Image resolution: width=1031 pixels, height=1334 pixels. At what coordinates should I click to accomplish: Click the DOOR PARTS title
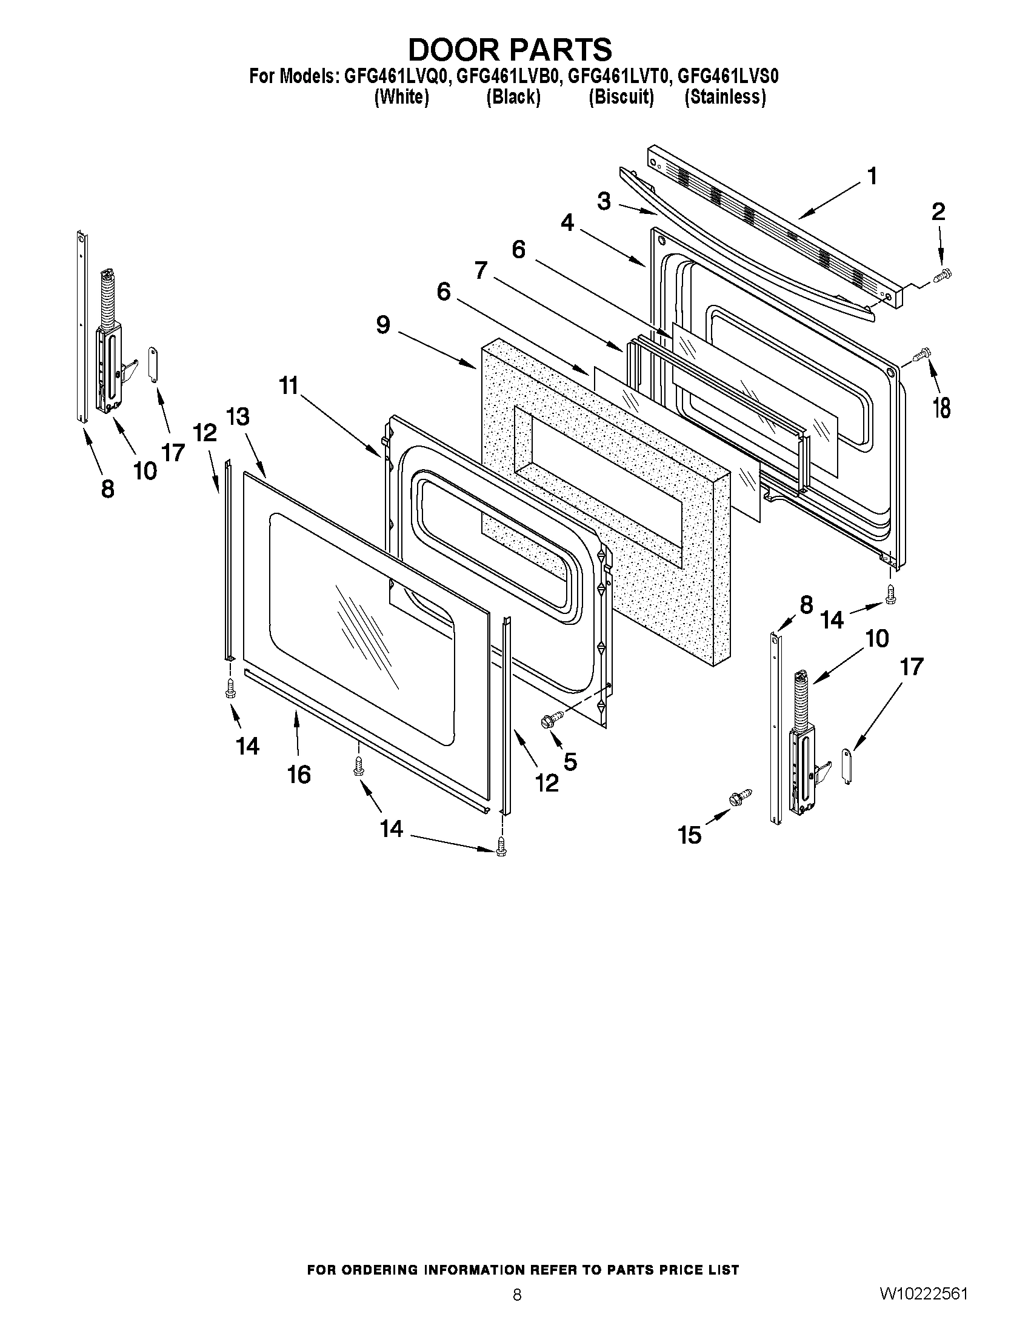[509, 50]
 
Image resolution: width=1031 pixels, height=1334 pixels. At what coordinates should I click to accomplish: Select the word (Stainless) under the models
[725, 97]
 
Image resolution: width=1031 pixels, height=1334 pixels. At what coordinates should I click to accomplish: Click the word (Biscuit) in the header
[621, 97]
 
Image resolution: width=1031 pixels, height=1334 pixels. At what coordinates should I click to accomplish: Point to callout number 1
[872, 176]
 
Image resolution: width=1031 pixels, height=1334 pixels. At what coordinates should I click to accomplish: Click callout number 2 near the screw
[938, 212]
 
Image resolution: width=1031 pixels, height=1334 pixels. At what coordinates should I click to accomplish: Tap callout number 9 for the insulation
[383, 325]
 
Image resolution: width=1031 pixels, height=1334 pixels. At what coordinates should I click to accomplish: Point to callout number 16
[299, 775]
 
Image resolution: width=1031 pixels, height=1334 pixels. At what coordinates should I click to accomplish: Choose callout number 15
[690, 835]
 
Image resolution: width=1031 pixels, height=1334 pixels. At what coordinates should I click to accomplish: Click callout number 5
[570, 761]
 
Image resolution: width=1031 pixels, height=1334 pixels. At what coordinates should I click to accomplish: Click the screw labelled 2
[944, 279]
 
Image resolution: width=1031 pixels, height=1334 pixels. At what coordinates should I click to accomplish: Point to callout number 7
[481, 269]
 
